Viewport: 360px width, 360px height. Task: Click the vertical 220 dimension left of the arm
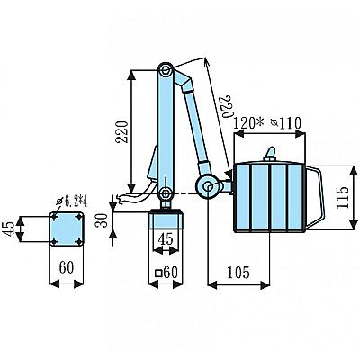(x=122, y=132)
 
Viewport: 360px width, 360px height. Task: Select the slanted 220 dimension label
(x=226, y=107)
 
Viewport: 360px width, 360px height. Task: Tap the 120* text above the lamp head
(x=248, y=123)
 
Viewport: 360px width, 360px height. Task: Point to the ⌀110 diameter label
(x=285, y=123)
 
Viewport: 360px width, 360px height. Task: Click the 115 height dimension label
(x=343, y=198)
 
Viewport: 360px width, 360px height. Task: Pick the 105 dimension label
(x=238, y=272)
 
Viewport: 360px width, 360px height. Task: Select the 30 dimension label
(x=102, y=220)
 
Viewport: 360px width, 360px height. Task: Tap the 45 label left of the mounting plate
(x=10, y=229)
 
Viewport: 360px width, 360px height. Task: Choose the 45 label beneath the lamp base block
(x=166, y=238)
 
